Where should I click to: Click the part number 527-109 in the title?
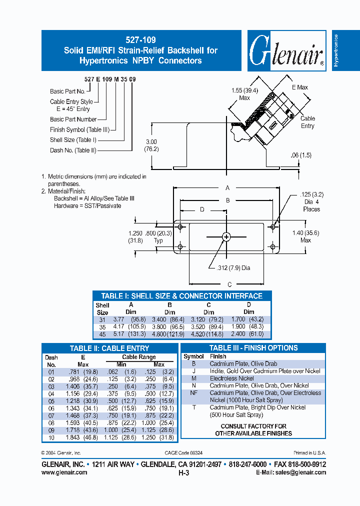click(x=140, y=39)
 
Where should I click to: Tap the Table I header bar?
click(x=181, y=295)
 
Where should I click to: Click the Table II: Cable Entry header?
click(x=109, y=348)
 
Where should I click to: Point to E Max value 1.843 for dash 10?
click(x=74, y=437)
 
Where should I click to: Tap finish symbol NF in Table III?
click(x=193, y=393)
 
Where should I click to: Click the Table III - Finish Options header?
click(x=253, y=348)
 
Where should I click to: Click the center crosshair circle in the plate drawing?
click(x=226, y=237)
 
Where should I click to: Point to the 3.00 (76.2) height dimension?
click(x=151, y=145)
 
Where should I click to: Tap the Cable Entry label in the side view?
click(x=307, y=122)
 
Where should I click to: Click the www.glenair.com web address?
click(x=64, y=472)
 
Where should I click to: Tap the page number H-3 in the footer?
click(x=183, y=472)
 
